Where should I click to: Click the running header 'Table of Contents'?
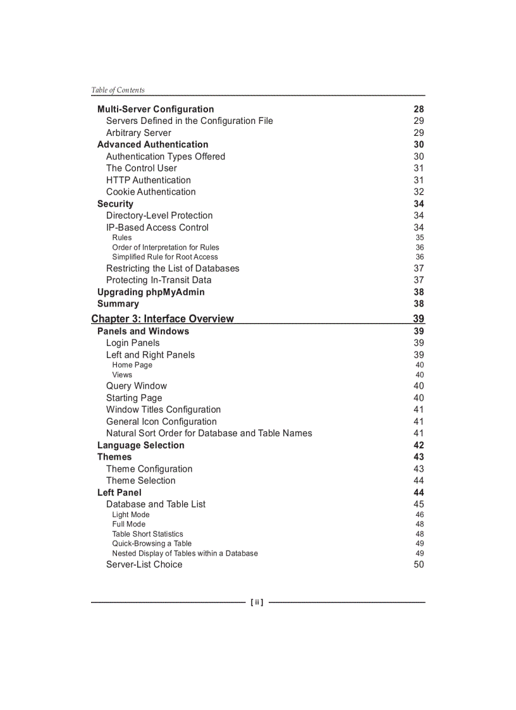[118, 90]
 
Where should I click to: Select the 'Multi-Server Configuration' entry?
[156, 109]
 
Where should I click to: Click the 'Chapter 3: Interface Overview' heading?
[163, 319]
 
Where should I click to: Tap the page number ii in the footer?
[257, 603]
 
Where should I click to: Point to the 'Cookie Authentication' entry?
[150, 192]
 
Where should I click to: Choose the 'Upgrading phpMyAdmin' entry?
[150, 292]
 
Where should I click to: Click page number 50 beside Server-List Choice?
[419, 565]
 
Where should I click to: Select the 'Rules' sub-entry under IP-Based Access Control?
[122, 238]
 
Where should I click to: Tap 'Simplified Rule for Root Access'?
[165, 257]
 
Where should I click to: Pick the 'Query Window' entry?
[137, 386]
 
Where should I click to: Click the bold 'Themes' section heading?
[114, 457]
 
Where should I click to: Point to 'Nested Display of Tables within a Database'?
[185, 553]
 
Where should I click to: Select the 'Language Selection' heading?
[141, 446]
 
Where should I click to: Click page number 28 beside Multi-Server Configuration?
[419, 109]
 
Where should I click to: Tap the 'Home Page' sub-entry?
[132, 365]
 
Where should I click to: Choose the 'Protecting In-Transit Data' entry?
[159, 280]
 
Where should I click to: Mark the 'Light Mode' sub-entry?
[131, 515]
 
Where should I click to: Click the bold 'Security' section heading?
[115, 204]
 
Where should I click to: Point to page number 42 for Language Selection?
[419, 446]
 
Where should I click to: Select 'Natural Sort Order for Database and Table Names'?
[209, 434]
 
